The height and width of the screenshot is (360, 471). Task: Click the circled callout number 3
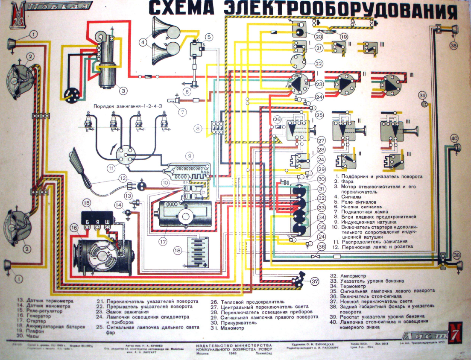point(123,90)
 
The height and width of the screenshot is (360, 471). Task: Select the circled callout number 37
point(315,281)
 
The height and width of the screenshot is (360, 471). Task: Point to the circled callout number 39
point(422,95)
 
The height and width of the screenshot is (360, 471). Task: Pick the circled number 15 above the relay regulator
point(87,203)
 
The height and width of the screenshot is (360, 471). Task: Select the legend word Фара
point(348,181)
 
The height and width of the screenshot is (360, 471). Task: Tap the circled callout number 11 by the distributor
point(111,168)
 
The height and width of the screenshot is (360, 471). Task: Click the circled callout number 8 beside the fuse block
point(197,128)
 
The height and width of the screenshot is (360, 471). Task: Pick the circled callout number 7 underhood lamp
point(182,113)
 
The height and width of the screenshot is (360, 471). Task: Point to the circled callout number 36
point(321,246)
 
